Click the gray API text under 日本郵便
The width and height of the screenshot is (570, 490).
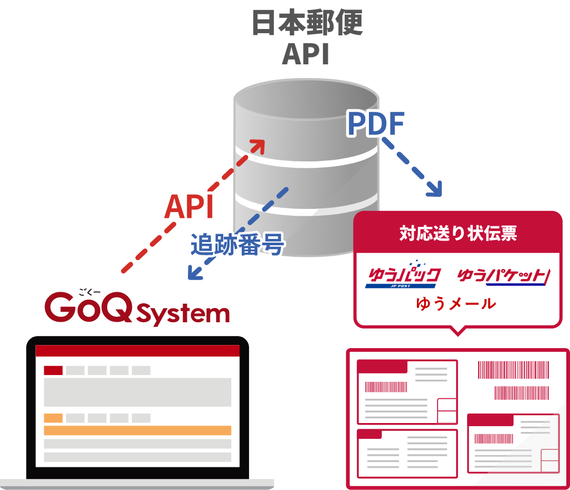point(306,54)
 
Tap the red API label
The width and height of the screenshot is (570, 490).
point(189,207)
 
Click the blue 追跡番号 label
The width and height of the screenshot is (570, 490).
point(237,244)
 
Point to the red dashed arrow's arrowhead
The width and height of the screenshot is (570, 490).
point(259,145)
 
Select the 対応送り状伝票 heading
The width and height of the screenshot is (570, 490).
point(458,234)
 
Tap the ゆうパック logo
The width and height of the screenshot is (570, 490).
point(403,276)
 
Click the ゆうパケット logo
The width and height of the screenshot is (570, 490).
point(503,276)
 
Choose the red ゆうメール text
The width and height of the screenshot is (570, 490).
point(456,304)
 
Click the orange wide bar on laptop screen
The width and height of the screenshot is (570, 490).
point(137,430)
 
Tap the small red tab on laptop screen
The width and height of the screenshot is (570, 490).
point(53,370)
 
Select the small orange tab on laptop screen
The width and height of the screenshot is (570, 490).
point(53,418)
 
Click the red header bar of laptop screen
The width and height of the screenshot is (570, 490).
point(137,351)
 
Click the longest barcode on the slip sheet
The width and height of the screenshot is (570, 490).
point(513,370)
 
